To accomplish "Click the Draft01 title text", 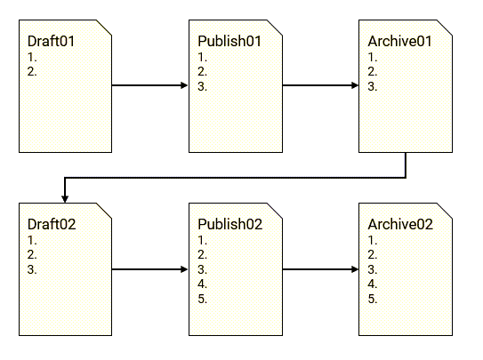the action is pyautogui.click(x=51, y=41).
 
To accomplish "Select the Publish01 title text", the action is pyautogui.click(x=229, y=41).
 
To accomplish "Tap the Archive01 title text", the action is pyautogui.click(x=399, y=41).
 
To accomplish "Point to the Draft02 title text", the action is pyautogui.click(x=52, y=224).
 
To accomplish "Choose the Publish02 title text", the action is pyautogui.click(x=230, y=224).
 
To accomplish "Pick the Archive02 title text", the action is pyautogui.click(x=400, y=224).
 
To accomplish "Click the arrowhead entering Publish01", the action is pyautogui.click(x=184, y=85).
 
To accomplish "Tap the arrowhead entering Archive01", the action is pyautogui.click(x=355, y=85).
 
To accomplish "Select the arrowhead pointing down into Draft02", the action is pyautogui.click(x=65, y=199).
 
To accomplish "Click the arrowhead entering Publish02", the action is pyautogui.click(x=184, y=269).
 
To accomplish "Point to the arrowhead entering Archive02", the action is pyautogui.click(x=355, y=269).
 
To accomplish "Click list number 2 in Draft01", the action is pyautogui.click(x=32, y=71).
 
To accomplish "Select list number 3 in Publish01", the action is pyautogui.click(x=203, y=86).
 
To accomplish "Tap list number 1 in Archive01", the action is pyautogui.click(x=373, y=57).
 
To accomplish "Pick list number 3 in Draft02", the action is pyautogui.click(x=32, y=269).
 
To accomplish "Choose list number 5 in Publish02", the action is pyautogui.click(x=203, y=299).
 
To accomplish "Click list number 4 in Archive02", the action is pyautogui.click(x=373, y=284).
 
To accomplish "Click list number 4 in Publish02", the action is pyautogui.click(x=203, y=284).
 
